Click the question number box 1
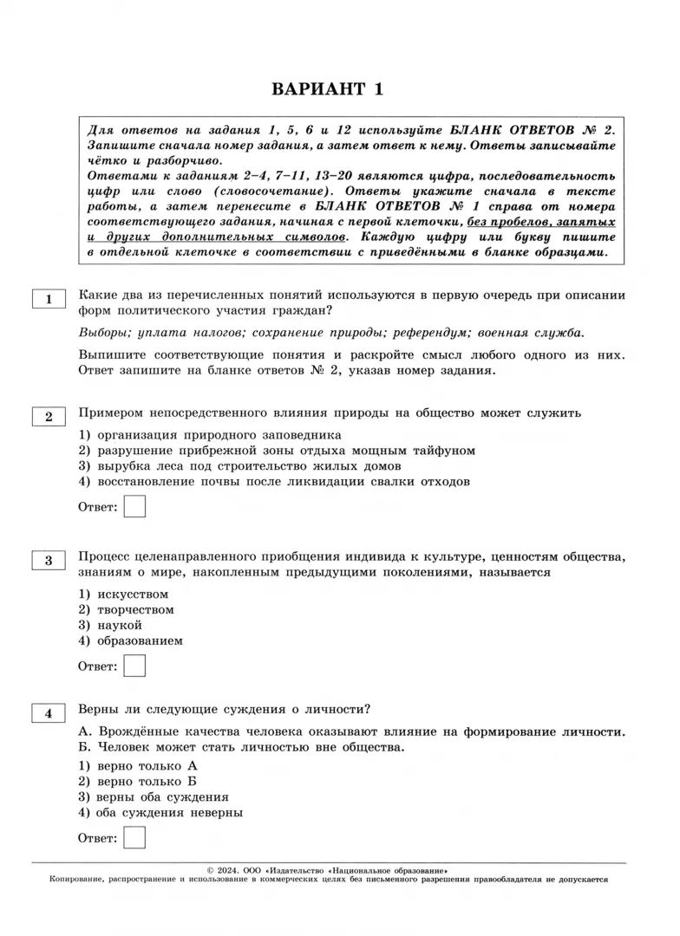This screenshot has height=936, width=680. pos(49,299)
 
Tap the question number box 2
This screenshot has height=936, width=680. pos(49,417)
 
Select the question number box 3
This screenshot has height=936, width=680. pos(49,561)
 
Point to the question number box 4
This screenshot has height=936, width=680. pos(49,713)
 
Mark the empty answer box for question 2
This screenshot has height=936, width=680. pos(134,506)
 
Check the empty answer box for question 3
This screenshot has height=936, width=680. pos(134,666)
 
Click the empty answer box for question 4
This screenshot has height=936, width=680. pos(134,837)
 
